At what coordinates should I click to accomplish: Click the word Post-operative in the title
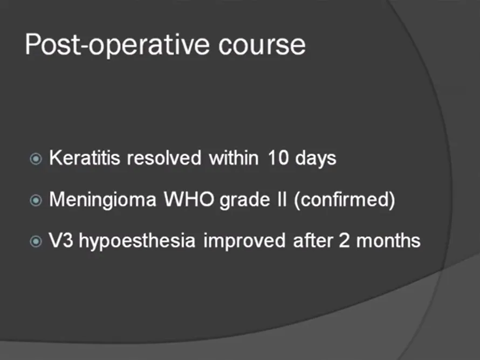click(117, 45)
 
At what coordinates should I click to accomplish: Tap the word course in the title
click(262, 46)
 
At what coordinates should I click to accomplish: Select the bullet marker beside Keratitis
click(36, 159)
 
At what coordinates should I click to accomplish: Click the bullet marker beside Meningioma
click(36, 200)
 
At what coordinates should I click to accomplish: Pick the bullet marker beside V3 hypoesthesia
click(36, 241)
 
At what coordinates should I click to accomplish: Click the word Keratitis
click(85, 158)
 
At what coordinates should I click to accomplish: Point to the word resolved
click(164, 158)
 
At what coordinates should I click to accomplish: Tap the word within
click(234, 158)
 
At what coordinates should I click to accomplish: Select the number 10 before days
click(278, 158)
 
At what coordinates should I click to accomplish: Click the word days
click(316, 159)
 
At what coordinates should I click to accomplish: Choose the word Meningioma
click(103, 200)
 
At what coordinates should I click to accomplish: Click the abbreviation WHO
click(189, 199)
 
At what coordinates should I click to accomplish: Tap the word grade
click(245, 200)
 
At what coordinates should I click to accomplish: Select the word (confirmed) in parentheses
click(345, 200)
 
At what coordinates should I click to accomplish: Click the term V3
click(61, 240)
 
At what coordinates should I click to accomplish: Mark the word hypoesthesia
click(137, 241)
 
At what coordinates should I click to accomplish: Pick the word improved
click(245, 241)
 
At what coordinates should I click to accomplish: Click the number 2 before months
click(344, 240)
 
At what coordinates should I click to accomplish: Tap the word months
click(388, 240)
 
